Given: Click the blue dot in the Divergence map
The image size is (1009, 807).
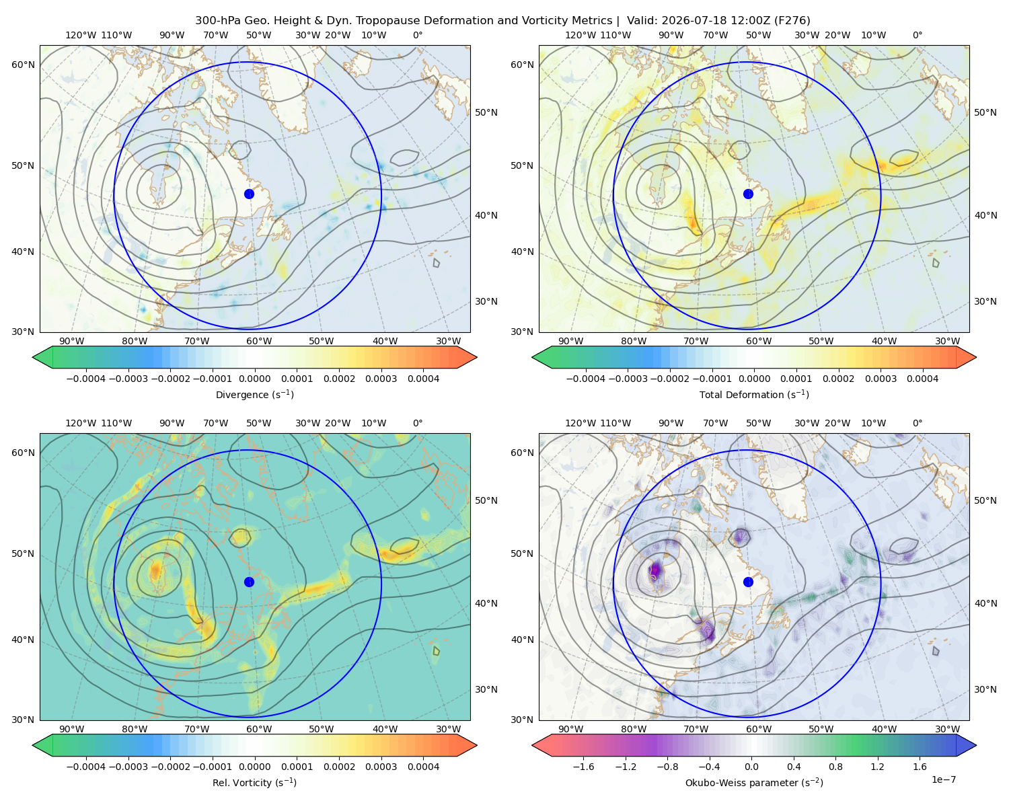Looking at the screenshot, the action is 249,194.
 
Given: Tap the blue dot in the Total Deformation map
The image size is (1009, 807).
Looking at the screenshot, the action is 748,194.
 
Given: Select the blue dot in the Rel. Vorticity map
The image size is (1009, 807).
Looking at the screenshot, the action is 249,582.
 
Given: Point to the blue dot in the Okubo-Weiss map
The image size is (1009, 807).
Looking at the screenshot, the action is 748,582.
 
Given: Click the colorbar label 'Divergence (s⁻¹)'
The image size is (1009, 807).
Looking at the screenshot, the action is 254,394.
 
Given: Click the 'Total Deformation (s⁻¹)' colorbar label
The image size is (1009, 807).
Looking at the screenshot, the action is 754,394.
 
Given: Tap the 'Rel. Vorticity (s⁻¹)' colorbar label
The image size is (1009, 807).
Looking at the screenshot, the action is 254,783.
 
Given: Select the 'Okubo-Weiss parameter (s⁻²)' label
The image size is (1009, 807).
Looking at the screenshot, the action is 754,783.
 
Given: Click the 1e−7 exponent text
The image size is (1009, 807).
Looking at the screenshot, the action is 943,779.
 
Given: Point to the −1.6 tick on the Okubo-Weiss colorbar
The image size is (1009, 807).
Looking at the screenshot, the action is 583,767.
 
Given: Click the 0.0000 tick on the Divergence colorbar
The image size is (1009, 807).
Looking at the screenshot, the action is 254,379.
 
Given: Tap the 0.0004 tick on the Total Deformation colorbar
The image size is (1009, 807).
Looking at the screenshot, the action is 923,379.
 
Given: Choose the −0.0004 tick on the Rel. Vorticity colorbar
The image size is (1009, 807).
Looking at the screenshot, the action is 86,767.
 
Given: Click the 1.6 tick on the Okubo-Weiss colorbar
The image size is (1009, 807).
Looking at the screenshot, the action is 920,767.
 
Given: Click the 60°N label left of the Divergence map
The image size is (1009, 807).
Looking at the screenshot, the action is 23,65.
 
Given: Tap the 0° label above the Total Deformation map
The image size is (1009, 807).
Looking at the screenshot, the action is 918,35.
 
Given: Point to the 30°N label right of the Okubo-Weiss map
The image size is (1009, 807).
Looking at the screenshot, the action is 985,689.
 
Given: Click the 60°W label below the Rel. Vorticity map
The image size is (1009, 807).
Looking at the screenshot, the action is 259,729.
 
